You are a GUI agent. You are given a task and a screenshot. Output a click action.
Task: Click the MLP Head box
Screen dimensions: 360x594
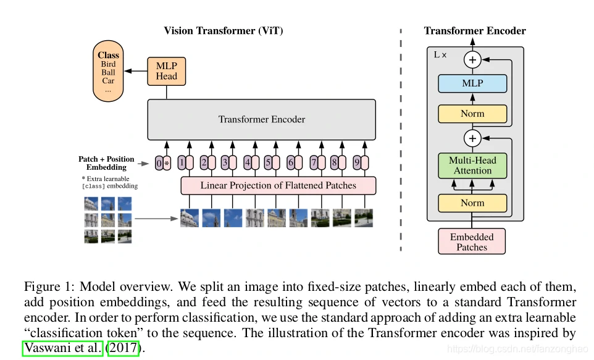coord(166,71)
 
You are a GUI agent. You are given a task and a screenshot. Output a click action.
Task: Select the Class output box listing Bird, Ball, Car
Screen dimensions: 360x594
coord(108,72)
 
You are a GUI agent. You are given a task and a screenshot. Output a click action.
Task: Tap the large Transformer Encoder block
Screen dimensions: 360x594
coord(261,119)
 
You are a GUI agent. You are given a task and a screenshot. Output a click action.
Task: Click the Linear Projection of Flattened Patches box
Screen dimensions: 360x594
coord(278,185)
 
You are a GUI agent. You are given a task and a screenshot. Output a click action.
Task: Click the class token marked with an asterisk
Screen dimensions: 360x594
coord(167,164)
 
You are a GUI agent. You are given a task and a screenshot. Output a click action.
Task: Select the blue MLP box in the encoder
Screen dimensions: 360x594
coord(472,83)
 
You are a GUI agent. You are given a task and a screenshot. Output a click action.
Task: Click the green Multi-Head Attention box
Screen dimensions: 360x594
coord(472,165)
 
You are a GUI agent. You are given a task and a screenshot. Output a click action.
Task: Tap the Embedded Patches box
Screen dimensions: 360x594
coord(472,241)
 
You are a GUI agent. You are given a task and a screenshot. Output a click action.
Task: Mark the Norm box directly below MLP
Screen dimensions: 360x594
coord(472,114)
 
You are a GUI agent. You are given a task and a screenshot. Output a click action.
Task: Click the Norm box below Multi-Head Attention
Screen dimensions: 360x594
coord(472,203)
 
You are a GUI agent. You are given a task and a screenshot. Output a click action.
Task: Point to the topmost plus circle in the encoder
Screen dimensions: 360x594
coord(472,60)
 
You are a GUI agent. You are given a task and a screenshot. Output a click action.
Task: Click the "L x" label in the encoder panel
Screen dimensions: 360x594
coord(440,55)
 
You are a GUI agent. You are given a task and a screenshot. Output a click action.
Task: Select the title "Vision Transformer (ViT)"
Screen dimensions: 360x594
coord(224,31)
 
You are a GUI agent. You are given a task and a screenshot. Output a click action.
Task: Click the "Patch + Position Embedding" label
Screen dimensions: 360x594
coord(106,163)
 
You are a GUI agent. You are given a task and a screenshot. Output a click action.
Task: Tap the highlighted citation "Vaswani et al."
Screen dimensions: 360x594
coord(62,348)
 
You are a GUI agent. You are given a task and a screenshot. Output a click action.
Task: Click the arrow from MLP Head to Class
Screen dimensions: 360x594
coord(135,71)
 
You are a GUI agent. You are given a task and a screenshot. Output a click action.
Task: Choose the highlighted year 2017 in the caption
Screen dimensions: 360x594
coord(123,348)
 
